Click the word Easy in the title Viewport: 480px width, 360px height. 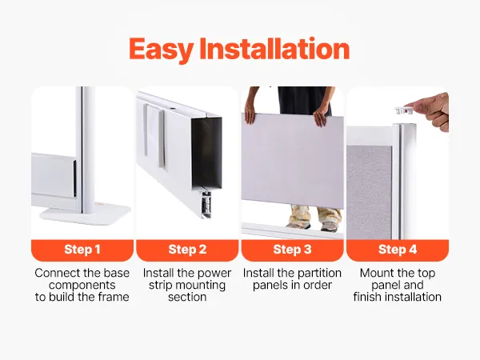click(x=161, y=49)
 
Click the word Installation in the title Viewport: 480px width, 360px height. click(x=274, y=48)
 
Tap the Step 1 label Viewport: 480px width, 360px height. click(x=82, y=250)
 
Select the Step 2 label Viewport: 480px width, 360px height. click(x=187, y=250)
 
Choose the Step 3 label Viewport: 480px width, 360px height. click(x=292, y=250)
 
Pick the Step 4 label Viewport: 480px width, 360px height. click(x=398, y=250)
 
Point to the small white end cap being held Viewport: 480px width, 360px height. click(x=404, y=110)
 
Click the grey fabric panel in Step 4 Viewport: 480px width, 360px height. click(x=369, y=192)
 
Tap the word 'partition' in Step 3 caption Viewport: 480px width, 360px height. click(x=319, y=273)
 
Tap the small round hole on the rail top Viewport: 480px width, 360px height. click(x=172, y=109)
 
